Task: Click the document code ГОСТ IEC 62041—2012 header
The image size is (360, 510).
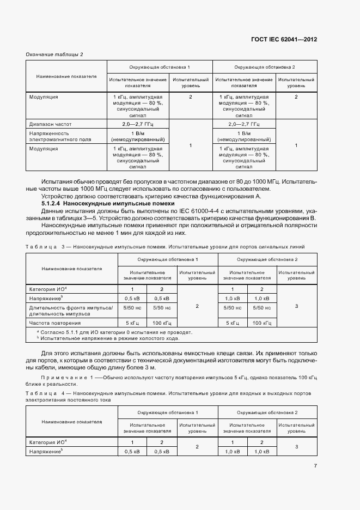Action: point(284,40)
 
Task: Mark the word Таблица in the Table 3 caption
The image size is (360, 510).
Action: point(41,247)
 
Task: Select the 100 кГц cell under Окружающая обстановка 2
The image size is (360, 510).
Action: point(261,323)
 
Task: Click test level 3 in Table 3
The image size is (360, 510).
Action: point(296,306)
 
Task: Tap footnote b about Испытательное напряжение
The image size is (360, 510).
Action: point(109,338)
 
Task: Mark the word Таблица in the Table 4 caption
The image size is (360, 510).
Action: point(41,392)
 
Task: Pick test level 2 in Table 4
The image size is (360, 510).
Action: point(197,447)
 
